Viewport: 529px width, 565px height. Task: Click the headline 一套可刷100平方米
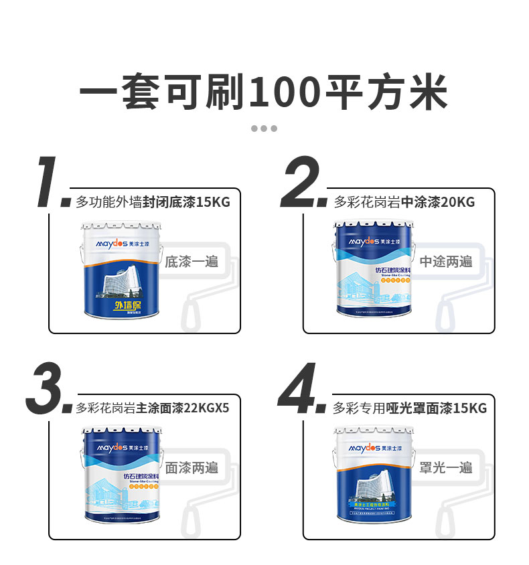(264, 92)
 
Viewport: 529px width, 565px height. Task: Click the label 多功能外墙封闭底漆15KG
(153, 202)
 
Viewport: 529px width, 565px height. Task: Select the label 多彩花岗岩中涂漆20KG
(404, 202)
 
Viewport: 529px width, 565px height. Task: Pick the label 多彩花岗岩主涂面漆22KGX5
(153, 408)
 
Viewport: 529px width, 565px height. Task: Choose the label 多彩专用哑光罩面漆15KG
(409, 408)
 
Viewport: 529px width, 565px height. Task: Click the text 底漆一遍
(192, 262)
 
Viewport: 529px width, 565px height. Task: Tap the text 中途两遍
(446, 262)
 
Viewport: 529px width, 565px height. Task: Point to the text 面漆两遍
(192, 467)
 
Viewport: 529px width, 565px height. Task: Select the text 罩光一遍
(446, 467)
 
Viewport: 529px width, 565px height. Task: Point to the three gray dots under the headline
(264, 129)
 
